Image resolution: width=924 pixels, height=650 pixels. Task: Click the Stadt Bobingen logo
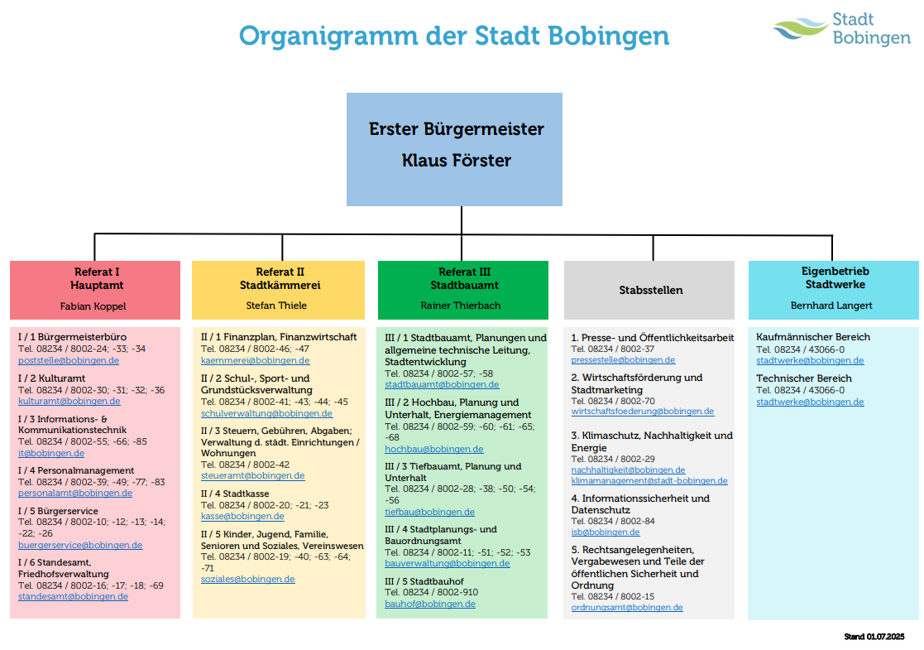click(841, 29)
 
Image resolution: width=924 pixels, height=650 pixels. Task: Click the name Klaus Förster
click(456, 161)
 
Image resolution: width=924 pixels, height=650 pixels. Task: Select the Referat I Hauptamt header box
click(95, 289)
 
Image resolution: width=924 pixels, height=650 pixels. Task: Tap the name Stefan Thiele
click(276, 306)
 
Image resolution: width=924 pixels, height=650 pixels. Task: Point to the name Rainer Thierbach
click(461, 306)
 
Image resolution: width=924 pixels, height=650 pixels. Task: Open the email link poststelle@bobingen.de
click(69, 360)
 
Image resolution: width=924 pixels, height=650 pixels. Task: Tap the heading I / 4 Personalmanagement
click(76, 470)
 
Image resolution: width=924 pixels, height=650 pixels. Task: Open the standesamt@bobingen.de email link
click(73, 596)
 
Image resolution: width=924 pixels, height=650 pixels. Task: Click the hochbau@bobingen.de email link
click(433, 449)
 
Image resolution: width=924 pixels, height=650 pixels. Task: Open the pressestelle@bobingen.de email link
click(623, 360)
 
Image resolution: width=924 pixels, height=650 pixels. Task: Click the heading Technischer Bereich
click(803, 378)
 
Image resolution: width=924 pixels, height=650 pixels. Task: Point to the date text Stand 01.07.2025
click(874, 637)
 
